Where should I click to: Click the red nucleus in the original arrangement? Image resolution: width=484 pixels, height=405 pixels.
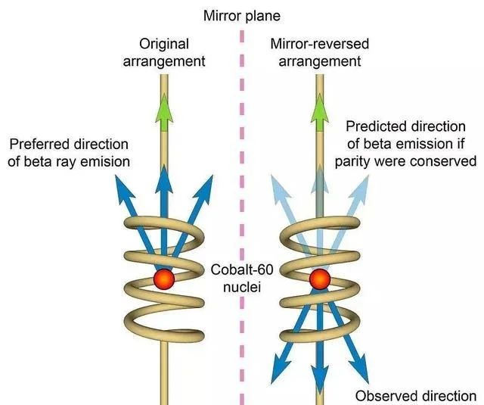click(x=163, y=279)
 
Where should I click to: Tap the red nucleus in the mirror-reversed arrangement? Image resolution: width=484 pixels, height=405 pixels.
click(x=320, y=279)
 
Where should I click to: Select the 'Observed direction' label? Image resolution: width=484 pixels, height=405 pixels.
click(x=417, y=395)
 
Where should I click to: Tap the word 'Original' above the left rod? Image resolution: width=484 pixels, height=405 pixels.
click(x=163, y=44)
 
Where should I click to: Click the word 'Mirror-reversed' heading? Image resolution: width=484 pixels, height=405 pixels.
click(x=321, y=44)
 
